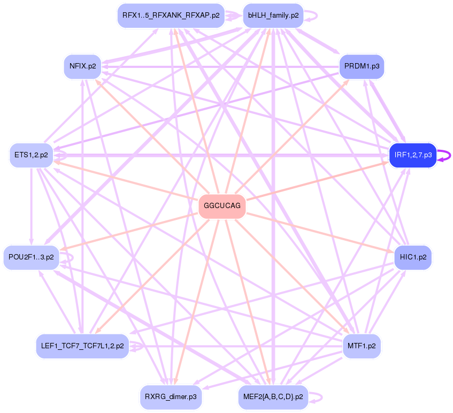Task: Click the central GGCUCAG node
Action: (x=222, y=206)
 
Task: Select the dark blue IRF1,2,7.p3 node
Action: (x=413, y=155)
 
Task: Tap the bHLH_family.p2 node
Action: (x=273, y=16)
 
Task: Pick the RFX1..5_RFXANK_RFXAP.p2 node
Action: (x=171, y=16)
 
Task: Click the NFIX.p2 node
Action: (x=83, y=66)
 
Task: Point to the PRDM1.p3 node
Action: (x=362, y=66)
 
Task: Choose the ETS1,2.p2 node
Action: (x=31, y=155)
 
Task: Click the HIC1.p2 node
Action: (x=413, y=257)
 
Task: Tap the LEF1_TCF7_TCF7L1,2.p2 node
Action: (x=82, y=346)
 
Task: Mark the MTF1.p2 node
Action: (x=362, y=346)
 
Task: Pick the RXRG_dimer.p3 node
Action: (x=171, y=397)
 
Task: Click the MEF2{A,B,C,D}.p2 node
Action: (x=273, y=397)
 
